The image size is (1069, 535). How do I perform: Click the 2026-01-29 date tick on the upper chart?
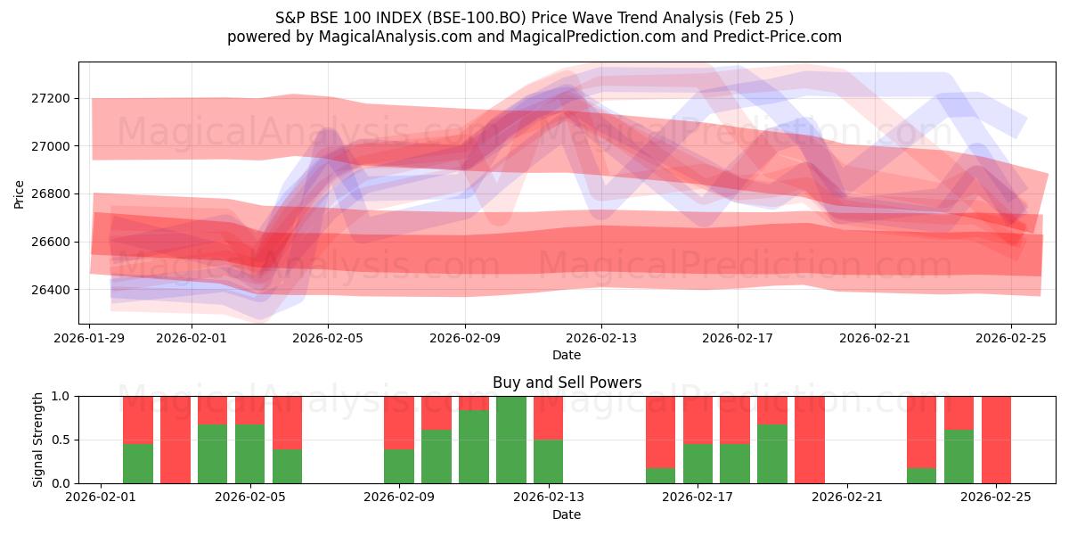click(x=90, y=338)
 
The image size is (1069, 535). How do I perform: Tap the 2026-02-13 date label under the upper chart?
click(x=601, y=338)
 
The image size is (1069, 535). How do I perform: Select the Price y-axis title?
click(x=20, y=194)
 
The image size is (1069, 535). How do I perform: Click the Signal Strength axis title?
click(x=37, y=440)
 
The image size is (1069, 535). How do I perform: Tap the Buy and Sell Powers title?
click(x=567, y=383)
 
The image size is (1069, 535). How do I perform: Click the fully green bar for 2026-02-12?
click(x=511, y=440)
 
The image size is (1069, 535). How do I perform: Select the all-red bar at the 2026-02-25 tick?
click(x=996, y=440)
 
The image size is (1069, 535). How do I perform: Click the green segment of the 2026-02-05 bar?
click(x=250, y=454)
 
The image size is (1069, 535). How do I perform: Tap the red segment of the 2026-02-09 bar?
click(x=399, y=422)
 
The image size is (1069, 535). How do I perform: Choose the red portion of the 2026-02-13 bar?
click(x=549, y=417)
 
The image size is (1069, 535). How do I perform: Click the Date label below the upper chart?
click(x=567, y=355)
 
